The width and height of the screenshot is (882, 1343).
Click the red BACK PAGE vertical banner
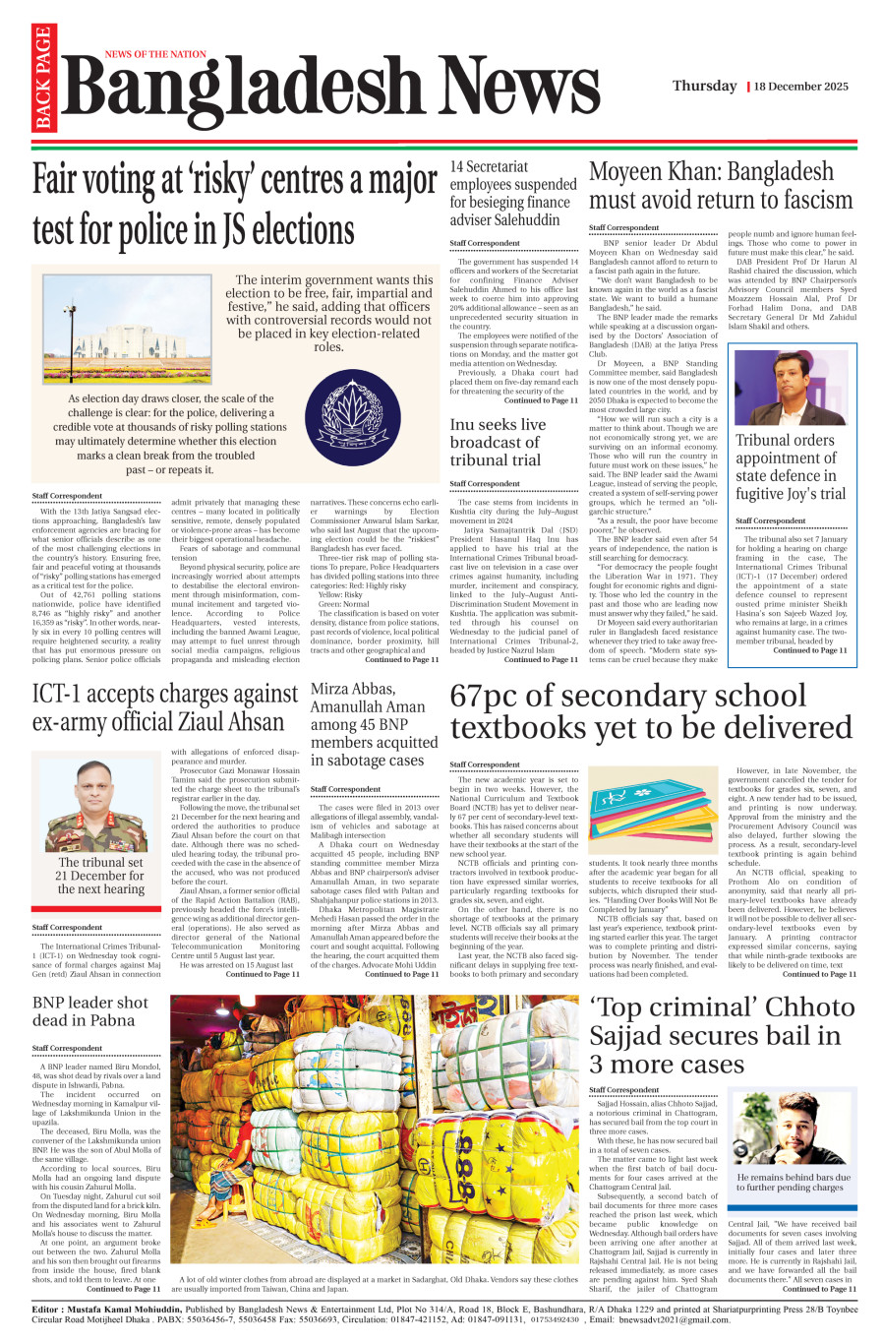pos(42,80)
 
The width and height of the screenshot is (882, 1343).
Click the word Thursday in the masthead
pos(704,86)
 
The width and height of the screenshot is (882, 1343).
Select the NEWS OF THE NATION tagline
pos(155,55)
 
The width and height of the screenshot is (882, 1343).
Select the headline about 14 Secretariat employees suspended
pos(513,193)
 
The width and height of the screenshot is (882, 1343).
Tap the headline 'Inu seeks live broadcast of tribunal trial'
pos(498,442)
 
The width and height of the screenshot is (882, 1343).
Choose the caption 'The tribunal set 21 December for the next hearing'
pos(100,876)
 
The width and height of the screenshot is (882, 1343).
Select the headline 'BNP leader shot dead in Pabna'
pos(90,1011)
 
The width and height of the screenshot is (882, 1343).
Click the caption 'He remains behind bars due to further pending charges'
pos(794,1182)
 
